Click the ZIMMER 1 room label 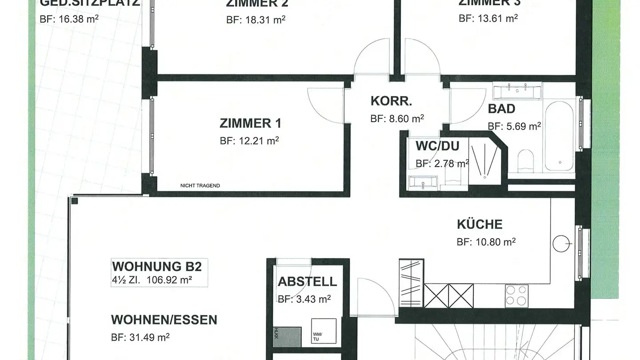coord(250,123)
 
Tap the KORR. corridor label coord(391,101)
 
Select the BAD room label coord(501,109)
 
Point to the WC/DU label coord(437,146)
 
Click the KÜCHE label coord(480,224)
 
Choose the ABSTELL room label coord(307,282)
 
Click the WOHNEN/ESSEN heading coord(164,320)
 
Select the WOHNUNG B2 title coord(157,267)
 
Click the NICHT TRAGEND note coord(200,186)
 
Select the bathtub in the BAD coord(560,138)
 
